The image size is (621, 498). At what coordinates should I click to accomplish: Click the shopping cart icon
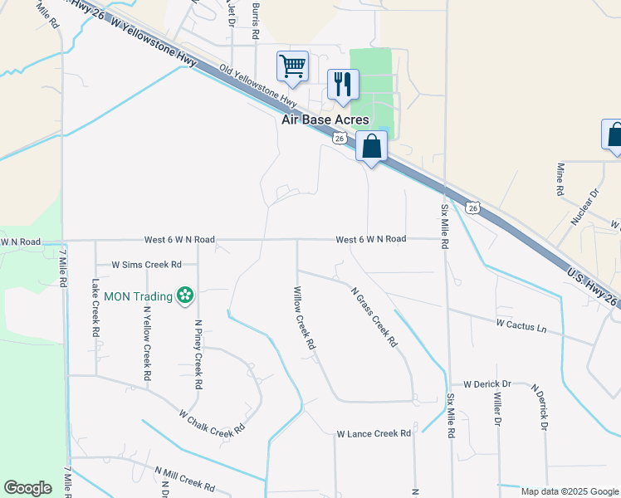[292, 66]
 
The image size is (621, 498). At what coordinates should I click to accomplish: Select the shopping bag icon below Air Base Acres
[371, 146]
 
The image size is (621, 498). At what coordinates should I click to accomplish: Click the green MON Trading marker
[184, 295]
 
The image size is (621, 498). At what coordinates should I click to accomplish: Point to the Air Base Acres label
[325, 120]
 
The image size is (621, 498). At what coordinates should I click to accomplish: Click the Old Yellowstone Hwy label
[258, 86]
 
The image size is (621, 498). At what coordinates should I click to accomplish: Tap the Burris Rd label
[255, 22]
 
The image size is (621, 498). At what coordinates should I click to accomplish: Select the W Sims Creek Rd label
[147, 265]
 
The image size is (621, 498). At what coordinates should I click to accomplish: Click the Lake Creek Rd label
[95, 307]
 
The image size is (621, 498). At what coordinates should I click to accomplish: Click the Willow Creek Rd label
[305, 317]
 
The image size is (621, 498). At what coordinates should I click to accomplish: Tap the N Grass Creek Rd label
[374, 318]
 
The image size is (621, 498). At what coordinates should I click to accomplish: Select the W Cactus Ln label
[521, 325]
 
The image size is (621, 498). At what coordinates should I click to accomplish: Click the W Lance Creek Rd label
[374, 433]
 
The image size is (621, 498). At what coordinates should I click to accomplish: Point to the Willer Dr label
[496, 409]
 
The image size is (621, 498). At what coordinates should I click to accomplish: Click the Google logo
[27, 488]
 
